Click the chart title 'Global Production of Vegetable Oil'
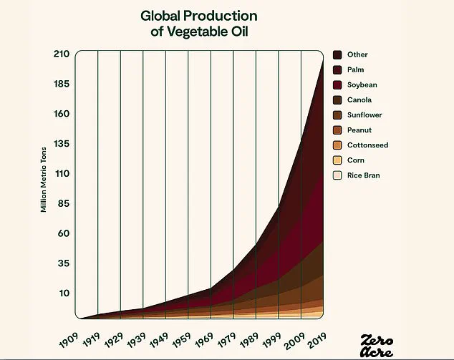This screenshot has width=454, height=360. click(199, 23)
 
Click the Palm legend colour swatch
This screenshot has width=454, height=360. click(337, 69)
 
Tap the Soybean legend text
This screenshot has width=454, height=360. click(362, 84)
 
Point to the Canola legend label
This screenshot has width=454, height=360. click(359, 99)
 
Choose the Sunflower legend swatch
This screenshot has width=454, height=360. click(337, 115)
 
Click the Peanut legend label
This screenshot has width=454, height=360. click(359, 130)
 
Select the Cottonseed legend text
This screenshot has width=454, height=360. click(367, 145)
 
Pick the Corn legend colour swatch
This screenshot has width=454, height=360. click(337, 160)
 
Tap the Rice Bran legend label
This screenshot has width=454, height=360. click(364, 175)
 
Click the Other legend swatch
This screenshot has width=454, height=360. click(337, 54)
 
